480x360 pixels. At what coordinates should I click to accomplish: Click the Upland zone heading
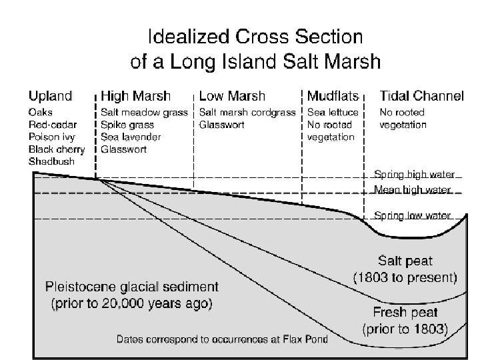click(x=50, y=97)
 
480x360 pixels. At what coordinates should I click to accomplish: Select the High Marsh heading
click(x=135, y=97)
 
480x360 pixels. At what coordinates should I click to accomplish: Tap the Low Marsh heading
click(x=232, y=97)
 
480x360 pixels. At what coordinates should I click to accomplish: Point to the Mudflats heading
click(x=333, y=97)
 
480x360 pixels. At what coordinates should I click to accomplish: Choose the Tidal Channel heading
click(x=421, y=97)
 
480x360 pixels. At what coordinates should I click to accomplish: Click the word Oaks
click(x=40, y=112)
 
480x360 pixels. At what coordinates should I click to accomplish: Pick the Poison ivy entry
click(x=51, y=137)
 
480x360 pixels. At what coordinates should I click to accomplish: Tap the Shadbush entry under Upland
click(x=51, y=161)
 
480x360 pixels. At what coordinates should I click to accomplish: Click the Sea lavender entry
click(x=131, y=137)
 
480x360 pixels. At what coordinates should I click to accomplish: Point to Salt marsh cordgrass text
click(x=247, y=112)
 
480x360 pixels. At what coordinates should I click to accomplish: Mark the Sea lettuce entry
click(x=333, y=112)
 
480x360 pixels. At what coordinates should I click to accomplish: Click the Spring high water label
click(x=413, y=175)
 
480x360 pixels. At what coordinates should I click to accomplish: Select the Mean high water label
click(x=412, y=190)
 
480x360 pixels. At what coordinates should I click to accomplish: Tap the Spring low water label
click(x=412, y=215)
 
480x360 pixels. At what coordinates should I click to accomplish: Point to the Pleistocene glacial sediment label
click(x=131, y=295)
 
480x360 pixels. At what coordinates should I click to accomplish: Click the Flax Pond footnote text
click(x=222, y=339)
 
